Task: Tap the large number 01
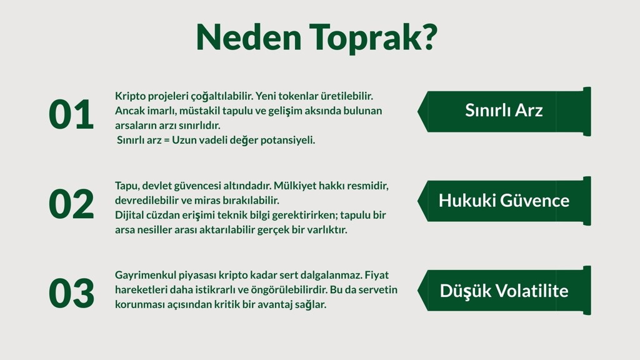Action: tap(71, 115)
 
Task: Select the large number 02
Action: tap(71, 204)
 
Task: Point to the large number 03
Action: tap(71, 294)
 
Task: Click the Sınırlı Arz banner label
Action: tap(504, 110)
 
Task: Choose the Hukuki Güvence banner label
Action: tap(504, 200)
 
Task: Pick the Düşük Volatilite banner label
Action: tap(504, 291)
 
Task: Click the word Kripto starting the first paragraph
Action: tap(130, 96)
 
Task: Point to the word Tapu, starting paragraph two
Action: tap(127, 186)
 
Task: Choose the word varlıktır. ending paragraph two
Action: tap(326, 229)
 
